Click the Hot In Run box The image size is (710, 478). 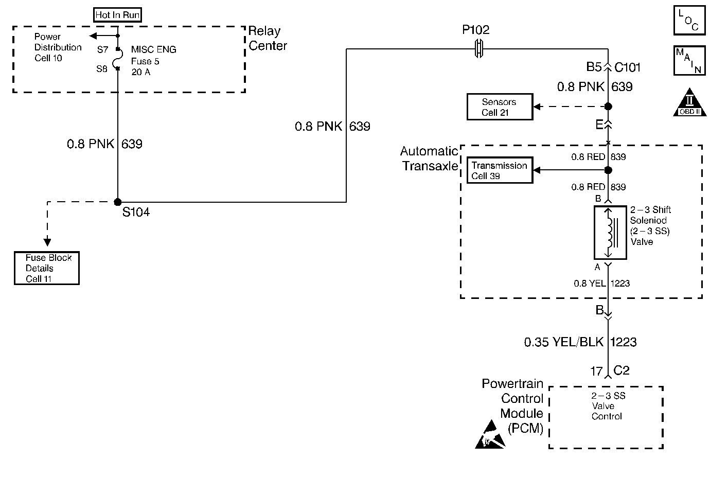coord(117,15)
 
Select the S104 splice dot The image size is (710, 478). coord(118,202)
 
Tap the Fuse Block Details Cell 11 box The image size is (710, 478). coord(47,268)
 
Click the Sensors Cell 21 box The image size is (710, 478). coord(499,107)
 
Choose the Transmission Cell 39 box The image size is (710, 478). coord(500,170)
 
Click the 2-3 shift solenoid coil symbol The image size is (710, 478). coord(610,233)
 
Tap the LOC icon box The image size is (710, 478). coord(689,21)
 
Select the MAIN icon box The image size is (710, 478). coord(689,60)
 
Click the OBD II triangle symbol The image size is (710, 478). coord(689,103)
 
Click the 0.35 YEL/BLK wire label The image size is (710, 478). coord(563,342)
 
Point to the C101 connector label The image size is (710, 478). coord(628,67)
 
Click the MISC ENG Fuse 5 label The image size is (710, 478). coord(153,61)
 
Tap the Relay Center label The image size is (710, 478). coord(268,39)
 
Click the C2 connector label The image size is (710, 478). coord(622,370)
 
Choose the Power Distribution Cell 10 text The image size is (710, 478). coord(58,47)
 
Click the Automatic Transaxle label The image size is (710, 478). coord(429,158)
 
